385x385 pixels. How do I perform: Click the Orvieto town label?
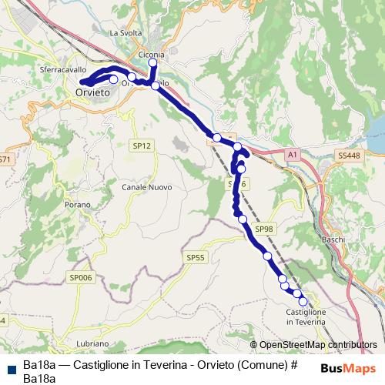[x=93, y=92]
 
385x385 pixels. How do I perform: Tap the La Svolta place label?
[x=126, y=33]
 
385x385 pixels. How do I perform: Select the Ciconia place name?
[x=152, y=55]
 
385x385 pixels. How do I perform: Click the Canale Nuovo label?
[x=146, y=187]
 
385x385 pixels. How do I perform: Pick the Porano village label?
[x=78, y=205]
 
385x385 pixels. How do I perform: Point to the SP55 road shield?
[x=196, y=258]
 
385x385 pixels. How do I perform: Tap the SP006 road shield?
[x=80, y=276]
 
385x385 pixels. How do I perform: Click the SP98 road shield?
[x=264, y=229]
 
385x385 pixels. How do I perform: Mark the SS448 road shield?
[x=348, y=156]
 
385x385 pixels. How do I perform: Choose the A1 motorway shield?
[x=292, y=156]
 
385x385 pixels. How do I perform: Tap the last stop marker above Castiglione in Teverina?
[x=303, y=301]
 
